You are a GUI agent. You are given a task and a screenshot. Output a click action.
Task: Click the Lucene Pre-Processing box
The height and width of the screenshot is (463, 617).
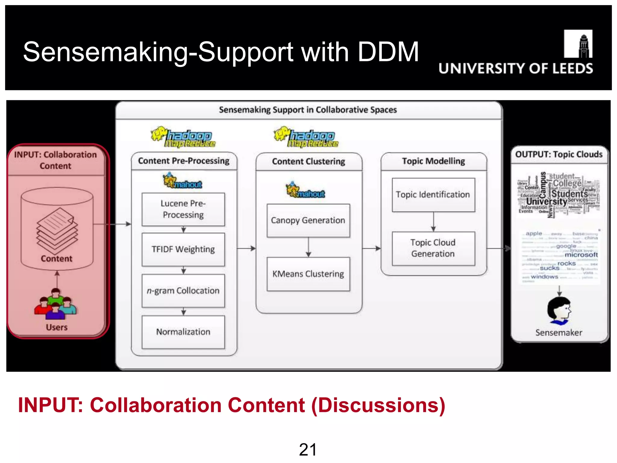tap(183, 209)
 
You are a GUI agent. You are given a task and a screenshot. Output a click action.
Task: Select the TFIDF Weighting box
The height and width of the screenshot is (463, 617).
tap(183, 249)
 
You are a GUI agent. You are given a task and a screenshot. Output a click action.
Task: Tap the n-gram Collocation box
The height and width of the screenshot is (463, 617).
tap(183, 291)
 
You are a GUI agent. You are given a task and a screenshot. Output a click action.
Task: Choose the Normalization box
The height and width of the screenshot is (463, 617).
tap(183, 332)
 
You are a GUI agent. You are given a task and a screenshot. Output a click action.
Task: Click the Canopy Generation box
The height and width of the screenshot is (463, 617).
tap(308, 220)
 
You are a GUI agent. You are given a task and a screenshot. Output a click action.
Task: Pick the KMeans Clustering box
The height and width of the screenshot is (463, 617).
tap(308, 274)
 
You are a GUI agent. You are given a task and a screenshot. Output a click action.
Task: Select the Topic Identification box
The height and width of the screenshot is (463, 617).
tap(433, 195)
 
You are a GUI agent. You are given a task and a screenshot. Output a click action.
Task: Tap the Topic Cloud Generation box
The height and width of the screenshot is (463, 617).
tap(433, 248)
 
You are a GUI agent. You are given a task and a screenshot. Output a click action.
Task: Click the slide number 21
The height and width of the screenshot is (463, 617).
tap(308, 450)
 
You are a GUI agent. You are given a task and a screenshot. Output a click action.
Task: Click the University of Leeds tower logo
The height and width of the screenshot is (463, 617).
tap(578, 44)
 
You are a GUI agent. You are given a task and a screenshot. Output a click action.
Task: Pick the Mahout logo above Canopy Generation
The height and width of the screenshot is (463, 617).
tap(305, 190)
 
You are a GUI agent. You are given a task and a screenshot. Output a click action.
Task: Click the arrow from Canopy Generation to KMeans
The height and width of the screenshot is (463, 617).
tap(308, 247)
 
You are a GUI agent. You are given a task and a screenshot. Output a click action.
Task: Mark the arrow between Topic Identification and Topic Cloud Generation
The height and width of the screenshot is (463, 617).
tap(433, 222)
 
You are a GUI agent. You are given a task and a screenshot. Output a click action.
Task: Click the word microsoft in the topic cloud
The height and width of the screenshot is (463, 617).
tap(581, 255)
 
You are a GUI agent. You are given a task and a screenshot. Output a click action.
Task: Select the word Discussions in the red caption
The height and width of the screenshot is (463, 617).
tap(378, 405)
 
